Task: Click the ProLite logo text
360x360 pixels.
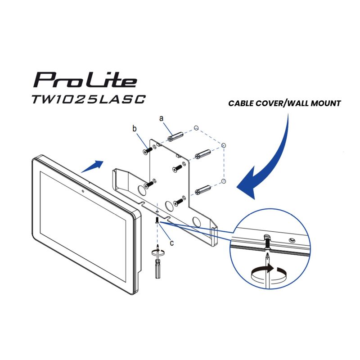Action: click(x=85, y=80)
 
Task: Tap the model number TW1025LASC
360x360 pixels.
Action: click(x=89, y=99)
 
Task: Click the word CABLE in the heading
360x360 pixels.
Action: click(x=241, y=103)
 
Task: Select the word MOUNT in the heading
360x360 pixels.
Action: click(x=325, y=103)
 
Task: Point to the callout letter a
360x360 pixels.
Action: click(x=162, y=118)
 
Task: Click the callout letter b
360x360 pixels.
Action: click(x=135, y=129)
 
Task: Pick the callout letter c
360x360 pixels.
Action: click(x=172, y=243)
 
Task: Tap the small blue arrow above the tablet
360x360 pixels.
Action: click(x=92, y=166)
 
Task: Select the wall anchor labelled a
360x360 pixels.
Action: click(x=175, y=137)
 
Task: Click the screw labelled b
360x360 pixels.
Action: click(x=148, y=150)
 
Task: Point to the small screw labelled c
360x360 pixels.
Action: click(x=157, y=220)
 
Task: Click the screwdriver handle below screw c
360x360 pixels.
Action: click(x=157, y=269)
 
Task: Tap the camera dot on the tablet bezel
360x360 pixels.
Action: click(x=83, y=191)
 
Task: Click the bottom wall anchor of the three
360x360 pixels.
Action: click(x=203, y=190)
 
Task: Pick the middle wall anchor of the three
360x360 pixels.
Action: click(x=203, y=154)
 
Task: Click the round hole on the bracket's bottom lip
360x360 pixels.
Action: click(x=197, y=221)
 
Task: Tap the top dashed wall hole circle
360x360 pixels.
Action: click(x=196, y=128)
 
